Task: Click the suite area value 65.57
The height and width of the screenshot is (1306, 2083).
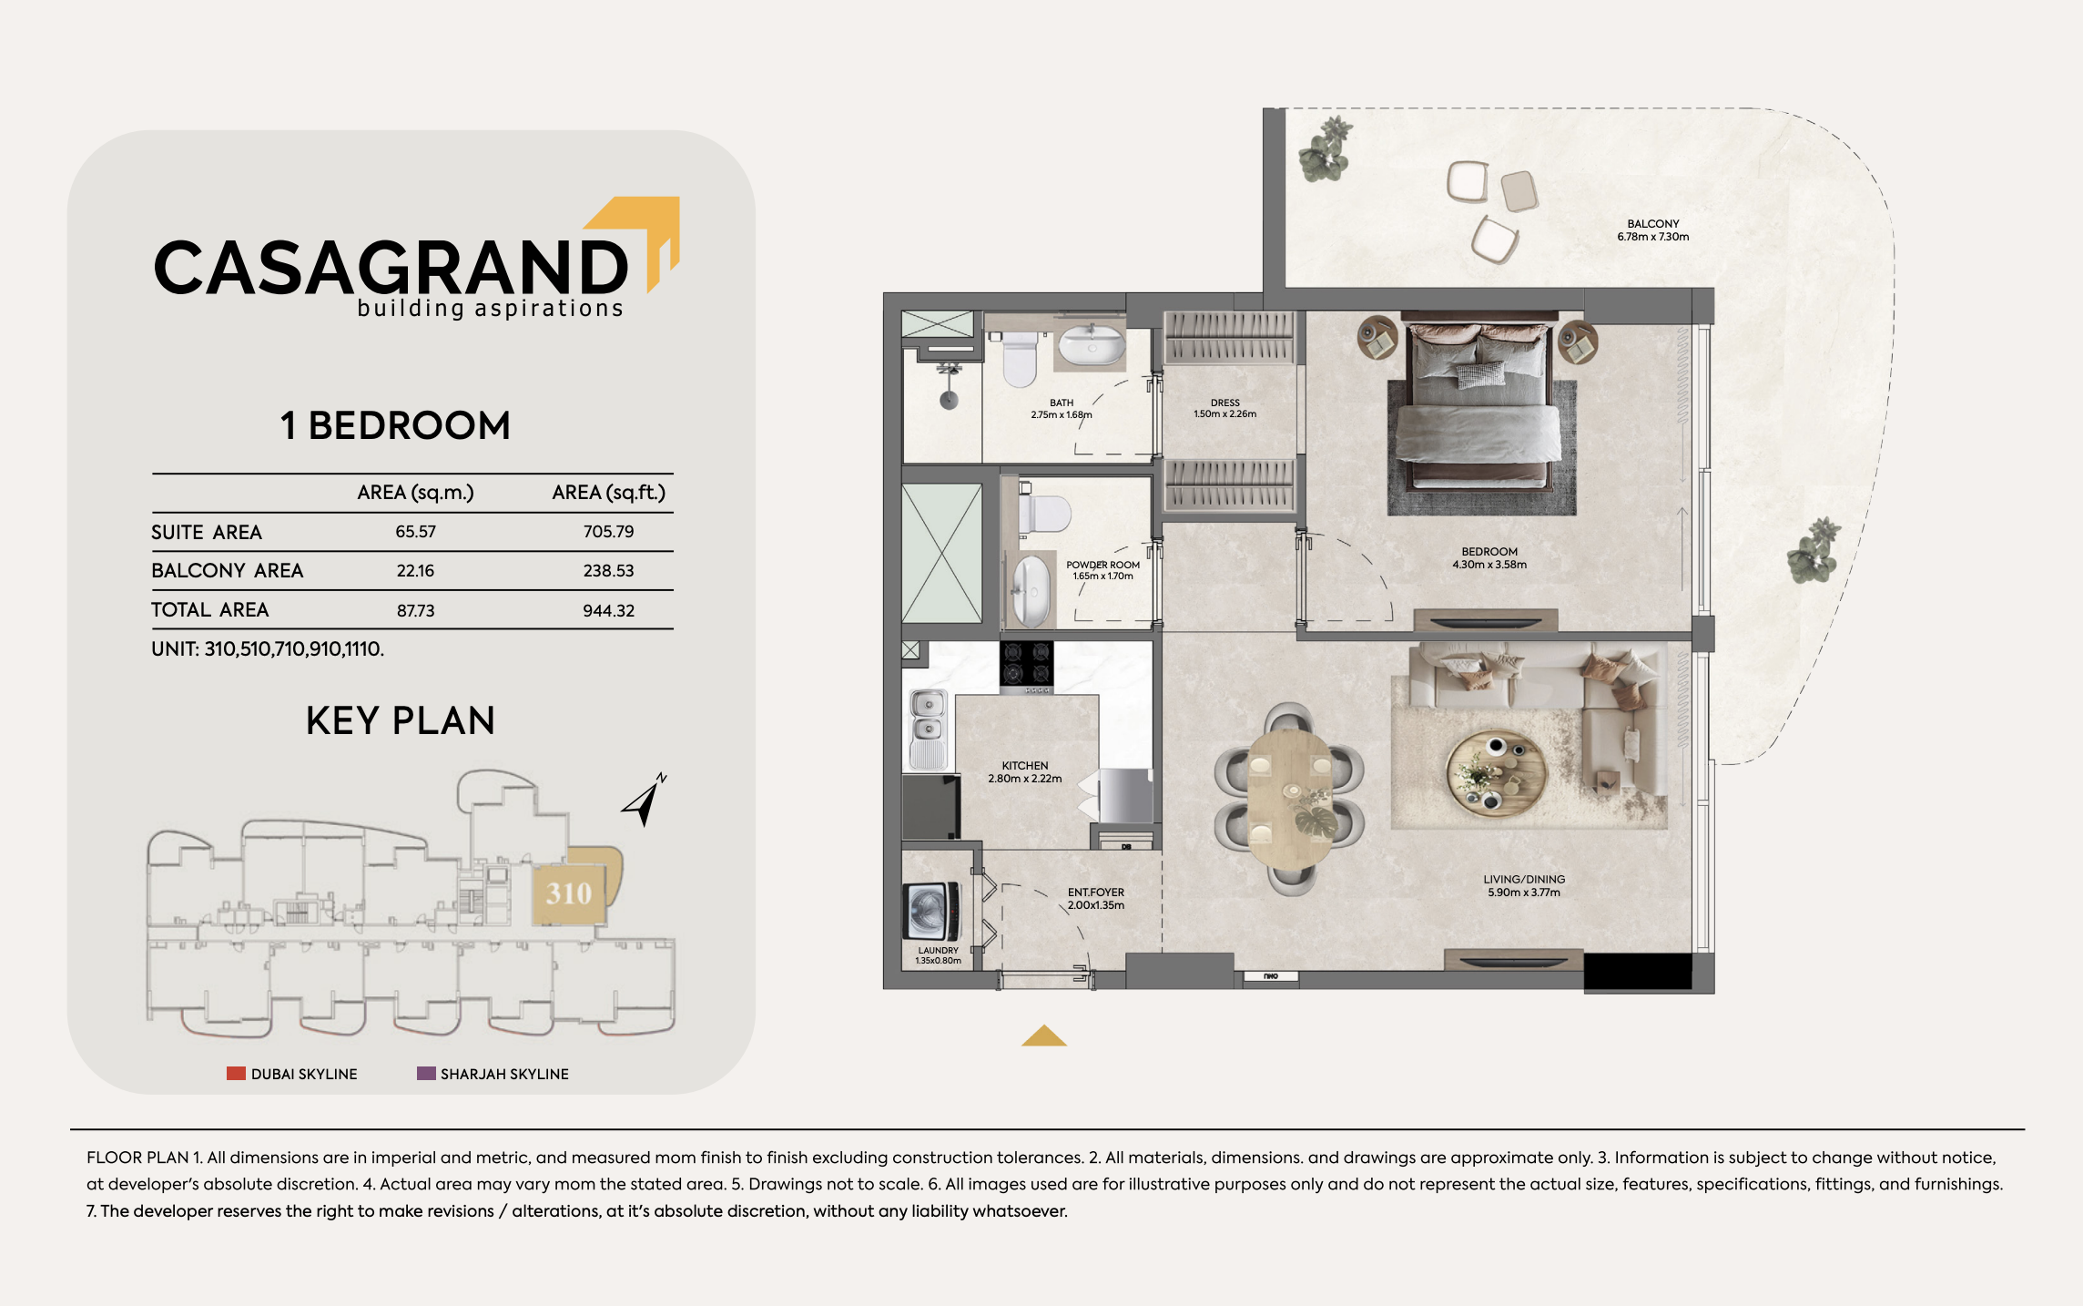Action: tap(415, 532)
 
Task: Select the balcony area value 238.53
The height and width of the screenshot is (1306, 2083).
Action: tap(608, 571)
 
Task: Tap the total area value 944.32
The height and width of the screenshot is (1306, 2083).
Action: tap(608, 610)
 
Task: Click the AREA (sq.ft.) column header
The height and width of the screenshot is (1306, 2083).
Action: tap(608, 493)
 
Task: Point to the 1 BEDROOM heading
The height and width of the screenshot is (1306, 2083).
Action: tap(395, 425)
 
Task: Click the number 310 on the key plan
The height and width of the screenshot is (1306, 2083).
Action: tap(569, 893)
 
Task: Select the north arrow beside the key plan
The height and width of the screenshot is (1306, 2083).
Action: tap(645, 800)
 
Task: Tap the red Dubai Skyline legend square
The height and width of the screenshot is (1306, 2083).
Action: tap(236, 1074)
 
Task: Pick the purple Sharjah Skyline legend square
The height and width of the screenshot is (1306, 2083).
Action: tap(426, 1074)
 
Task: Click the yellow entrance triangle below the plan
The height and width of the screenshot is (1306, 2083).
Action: tap(1044, 1036)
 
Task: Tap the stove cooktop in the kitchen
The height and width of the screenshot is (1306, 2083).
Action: tap(1026, 665)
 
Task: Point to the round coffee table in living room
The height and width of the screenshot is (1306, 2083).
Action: tap(1496, 773)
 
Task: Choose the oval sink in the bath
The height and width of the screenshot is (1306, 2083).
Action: tap(1091, 346)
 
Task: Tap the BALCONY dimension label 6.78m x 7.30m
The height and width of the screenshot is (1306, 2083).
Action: tap(1652, 237)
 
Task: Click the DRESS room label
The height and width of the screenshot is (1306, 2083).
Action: tap(1224, 403)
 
